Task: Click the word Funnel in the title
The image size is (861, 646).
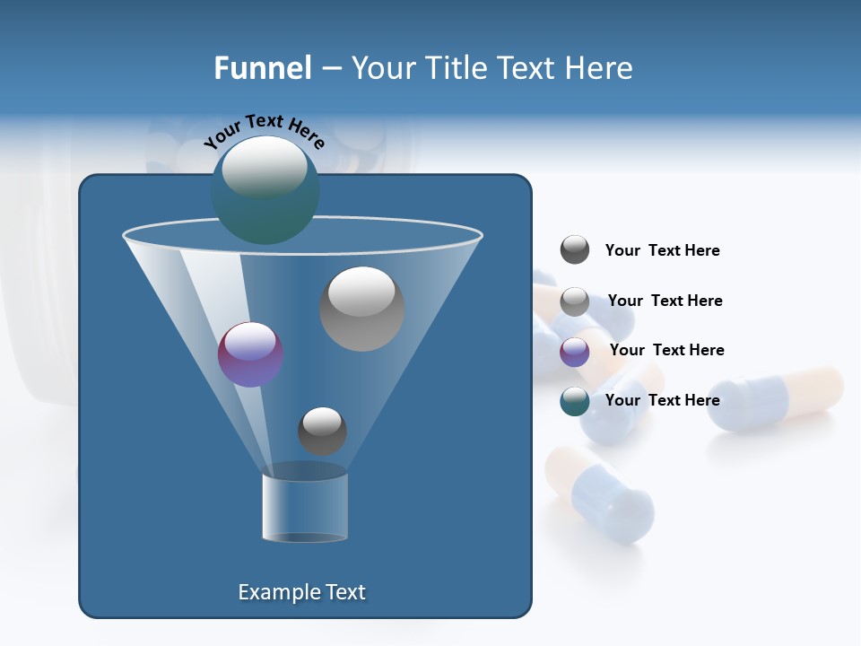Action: pyautogui.click(x=262, y=68)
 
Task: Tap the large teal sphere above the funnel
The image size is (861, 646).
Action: pyautogui.click(x=265, y=189)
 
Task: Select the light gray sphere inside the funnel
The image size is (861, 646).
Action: pyautogui.click(x=361, y=309)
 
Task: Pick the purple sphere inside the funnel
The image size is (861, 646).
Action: pyautogui.click(x=250, y=354)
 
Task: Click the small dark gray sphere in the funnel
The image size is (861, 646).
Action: pyautogui.click(x=322, y=431)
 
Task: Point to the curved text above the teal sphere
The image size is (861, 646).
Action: pyautogui.click(x=265, y=130)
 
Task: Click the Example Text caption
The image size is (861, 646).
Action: pyautogui.click(x=301, y=592)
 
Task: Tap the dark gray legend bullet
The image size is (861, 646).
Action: pyautogui.click(x=574, y=250)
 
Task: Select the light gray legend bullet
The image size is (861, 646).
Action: pyautogui.click(x=574, y=301)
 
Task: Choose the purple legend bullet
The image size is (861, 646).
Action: pyautogui.click(x=574, y=352)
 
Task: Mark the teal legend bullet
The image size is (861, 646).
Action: pyautogui.click(x=574, y=401)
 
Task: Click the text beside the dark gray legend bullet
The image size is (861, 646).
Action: pyautogui.click(x=662, y=251)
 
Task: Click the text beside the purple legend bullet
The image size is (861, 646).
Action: pyautogui.click(x=666, y=350)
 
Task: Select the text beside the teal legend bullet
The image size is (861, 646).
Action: pyautogui.click(x=662, y=400)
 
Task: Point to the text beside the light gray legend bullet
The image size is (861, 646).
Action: pyautogui.click(x=665, y=301)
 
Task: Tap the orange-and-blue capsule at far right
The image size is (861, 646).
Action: pyautogui.click(x=775, y=398)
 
